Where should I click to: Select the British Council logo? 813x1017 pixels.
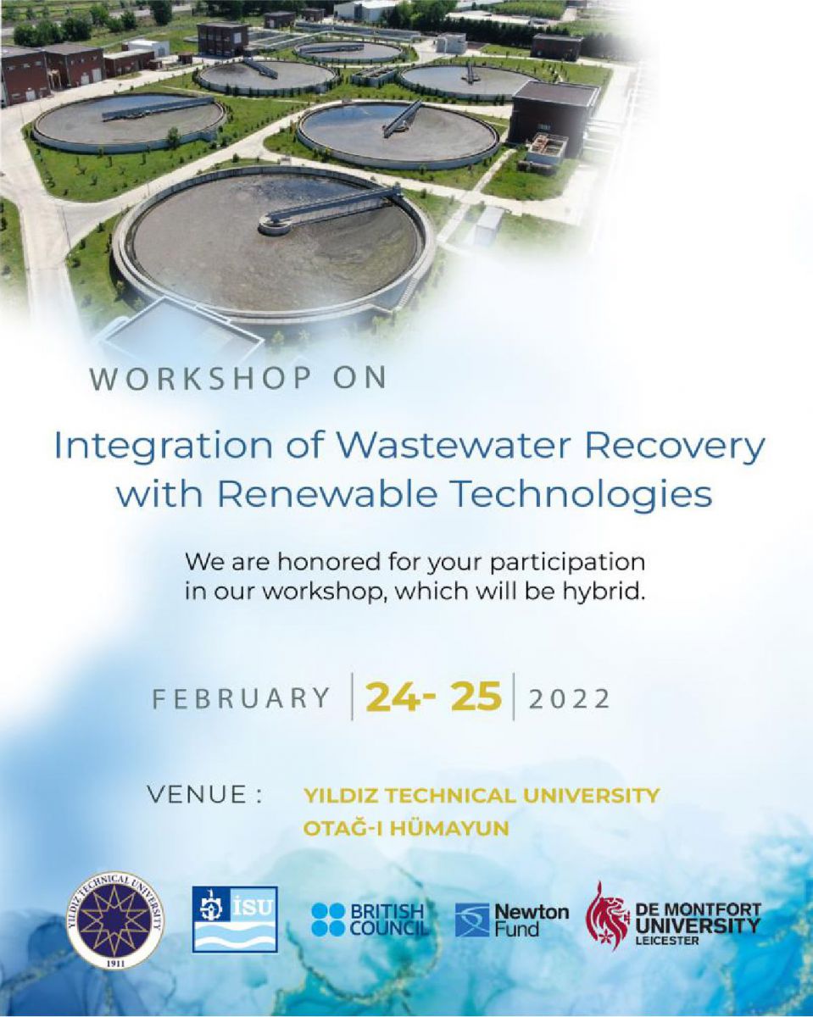tap(370, 920)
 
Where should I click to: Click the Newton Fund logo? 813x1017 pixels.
tap(512, 920)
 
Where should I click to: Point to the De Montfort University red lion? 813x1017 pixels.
tap(607, 917)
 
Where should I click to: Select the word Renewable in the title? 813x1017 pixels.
tap(326, 495)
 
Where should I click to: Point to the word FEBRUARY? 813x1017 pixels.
tap(241, 698)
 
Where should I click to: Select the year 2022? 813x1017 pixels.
tap(569, 698)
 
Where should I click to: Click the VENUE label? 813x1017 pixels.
tap(204, 794)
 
